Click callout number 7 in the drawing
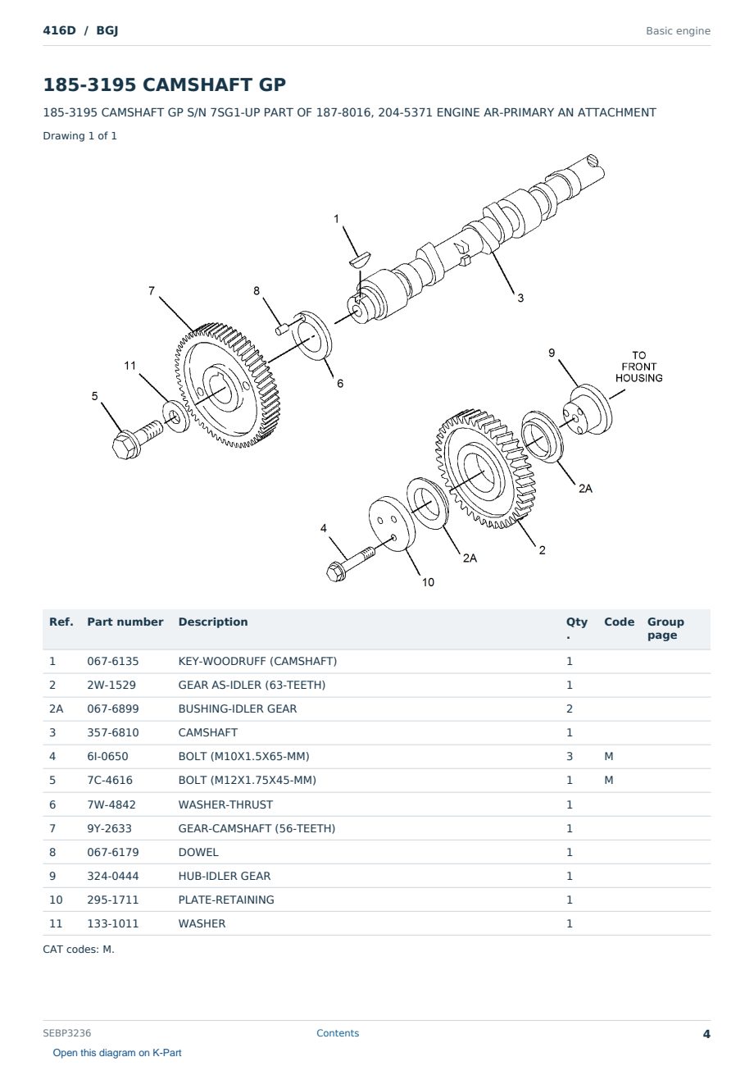tap(152, 290)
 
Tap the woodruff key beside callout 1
tap(359, 259)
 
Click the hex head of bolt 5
tap(125, 445)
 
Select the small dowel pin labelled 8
tap(282, 328)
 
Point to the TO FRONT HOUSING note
tap(639, 367)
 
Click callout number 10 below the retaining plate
tap(428, 582)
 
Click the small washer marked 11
tap(175, 417)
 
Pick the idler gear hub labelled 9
tap(587, 410)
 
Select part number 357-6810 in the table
tap(113, 732)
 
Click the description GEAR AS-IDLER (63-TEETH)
tap(252, 685)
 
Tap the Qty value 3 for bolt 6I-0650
tap(570, 756)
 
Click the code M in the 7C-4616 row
tap(608, 780)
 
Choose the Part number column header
tap(125, 622)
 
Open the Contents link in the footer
tap(338, 1033)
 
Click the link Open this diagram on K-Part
tap(117, 1053)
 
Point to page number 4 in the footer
tap(706, 1034)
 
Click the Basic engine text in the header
tap(678, 31)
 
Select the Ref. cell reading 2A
tap(56, 708)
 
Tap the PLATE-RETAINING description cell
tap(226, 900)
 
